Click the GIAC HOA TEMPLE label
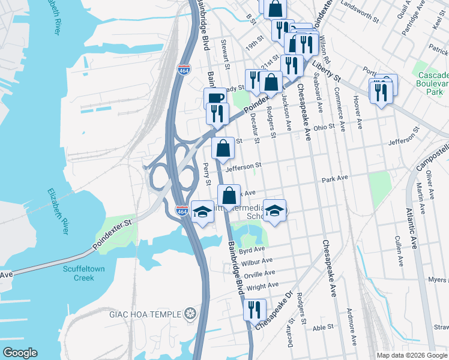click(143, 314)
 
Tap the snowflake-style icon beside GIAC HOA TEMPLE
click(190, 314)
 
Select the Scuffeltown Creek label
click(87, 273)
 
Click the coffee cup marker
click(215, 98)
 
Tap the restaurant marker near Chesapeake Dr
click(255, 309)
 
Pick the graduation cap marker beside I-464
click(202, 212)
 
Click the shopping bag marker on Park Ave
click(229, 196)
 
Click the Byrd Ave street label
click(252, 249)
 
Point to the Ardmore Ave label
click(351, 328)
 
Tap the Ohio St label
click(323, 127)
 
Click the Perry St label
click(208, 174)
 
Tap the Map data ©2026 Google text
click(412, 355)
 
